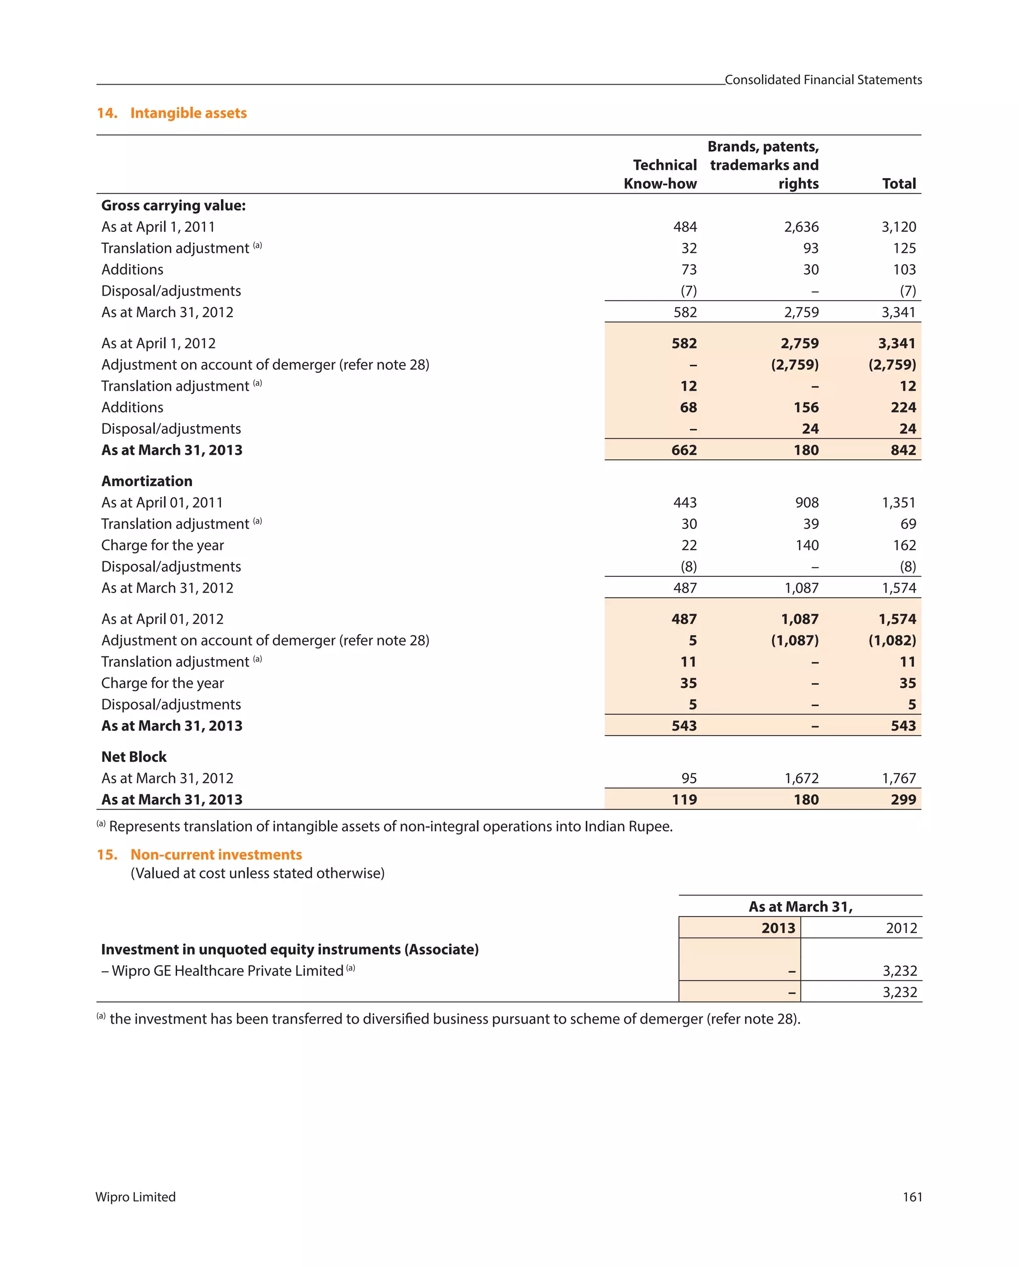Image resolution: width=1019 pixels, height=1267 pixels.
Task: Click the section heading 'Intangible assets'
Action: point(188,113)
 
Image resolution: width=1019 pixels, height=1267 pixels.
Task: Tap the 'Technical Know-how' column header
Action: point(661,175)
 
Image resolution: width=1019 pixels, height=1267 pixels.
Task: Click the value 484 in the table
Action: point(685,227)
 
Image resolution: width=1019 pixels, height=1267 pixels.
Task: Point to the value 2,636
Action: point(801,227)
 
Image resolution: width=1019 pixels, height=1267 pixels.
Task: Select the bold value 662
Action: point(684,450)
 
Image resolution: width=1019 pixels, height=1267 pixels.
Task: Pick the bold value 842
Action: point(903,450)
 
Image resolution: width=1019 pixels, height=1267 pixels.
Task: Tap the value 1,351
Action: point(899,503)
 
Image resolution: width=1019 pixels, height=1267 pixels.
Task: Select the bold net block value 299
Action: point(903,799)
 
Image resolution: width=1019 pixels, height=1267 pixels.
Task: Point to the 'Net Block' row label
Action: point(134,757)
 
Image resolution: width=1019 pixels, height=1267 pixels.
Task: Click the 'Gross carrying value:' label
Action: point(173,206)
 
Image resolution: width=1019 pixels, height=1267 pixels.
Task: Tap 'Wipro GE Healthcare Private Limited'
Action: point(227,971)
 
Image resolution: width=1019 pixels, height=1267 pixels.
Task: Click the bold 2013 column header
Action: point(778,928)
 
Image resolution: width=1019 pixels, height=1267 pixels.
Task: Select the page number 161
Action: point(912,1197)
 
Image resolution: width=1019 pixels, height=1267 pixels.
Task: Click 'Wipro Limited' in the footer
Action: point(136,1197)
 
